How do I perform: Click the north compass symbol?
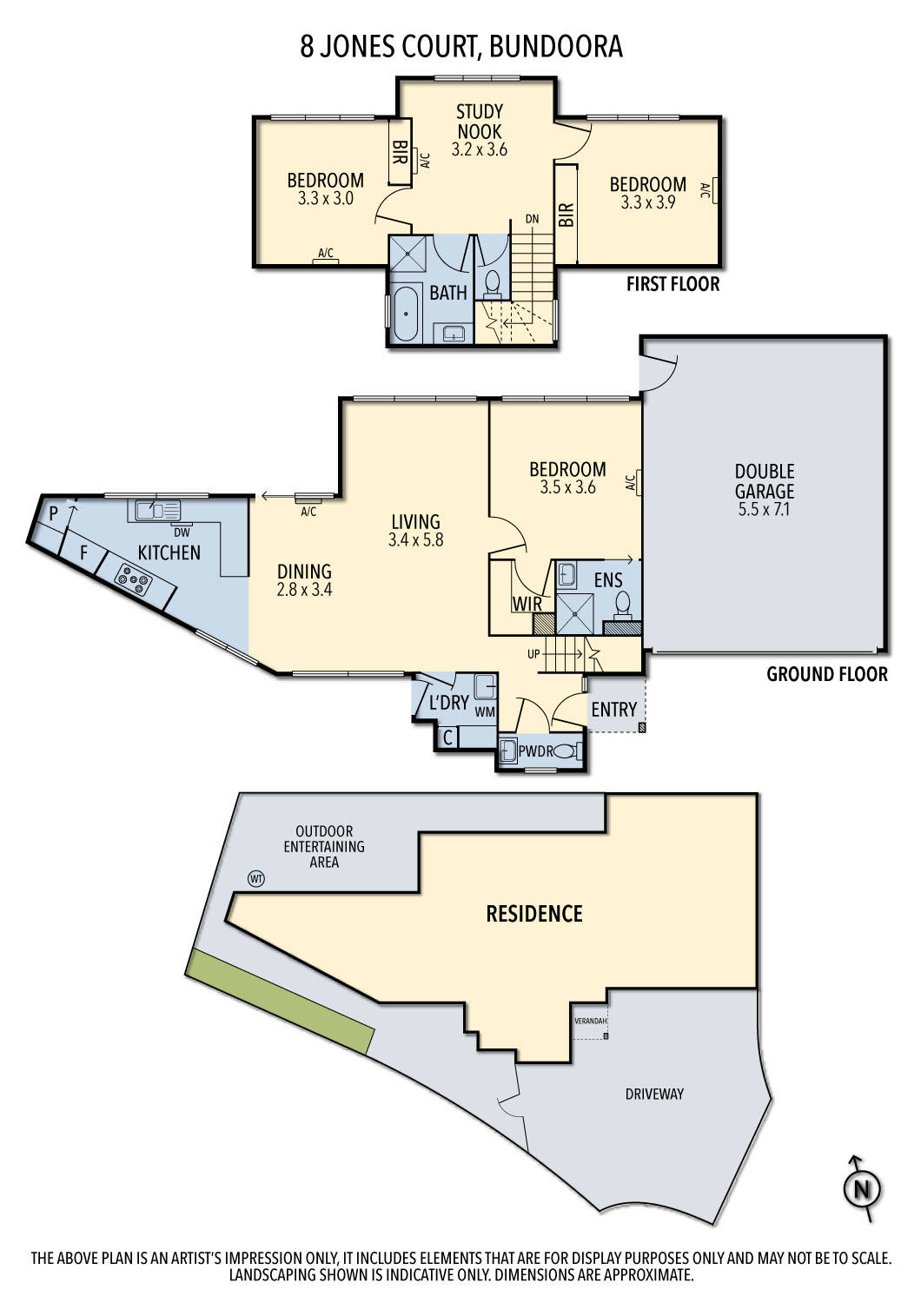[862, 1188]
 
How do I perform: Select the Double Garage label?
[765, 480]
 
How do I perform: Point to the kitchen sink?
[156, 510]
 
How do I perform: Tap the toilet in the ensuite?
[623, 602]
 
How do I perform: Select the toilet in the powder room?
[566, 751]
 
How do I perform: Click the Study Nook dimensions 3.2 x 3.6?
[479, 149]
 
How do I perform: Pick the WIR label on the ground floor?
[527, 603]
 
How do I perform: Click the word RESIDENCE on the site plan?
[533, 914]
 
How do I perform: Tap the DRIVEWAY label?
[654, 1094]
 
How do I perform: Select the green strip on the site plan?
[280, 1001]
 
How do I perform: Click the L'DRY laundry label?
[449, 703]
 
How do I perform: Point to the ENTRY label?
[613, 710]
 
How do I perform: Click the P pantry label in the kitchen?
[53, 514]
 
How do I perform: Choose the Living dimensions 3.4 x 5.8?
[415, 539]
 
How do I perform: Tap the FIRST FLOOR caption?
[673, 284]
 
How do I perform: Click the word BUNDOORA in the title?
[556, 46]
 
